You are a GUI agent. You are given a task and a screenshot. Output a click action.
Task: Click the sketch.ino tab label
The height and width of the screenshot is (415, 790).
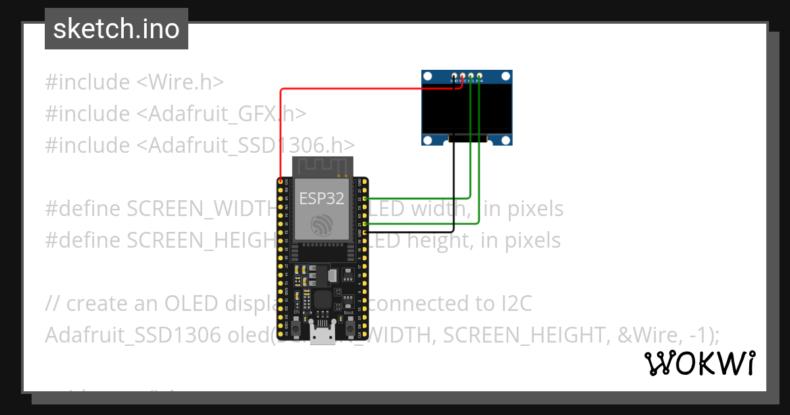[117, 29]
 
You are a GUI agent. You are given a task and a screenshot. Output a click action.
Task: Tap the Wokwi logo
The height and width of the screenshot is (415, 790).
[699, 363]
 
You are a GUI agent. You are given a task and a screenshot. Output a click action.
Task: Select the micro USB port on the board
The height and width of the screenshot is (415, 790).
[323, 337]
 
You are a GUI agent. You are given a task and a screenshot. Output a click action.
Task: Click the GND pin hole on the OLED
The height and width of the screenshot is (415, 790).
[454, 77]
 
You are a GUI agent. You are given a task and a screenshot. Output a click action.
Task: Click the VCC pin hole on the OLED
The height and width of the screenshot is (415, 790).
[463, 77]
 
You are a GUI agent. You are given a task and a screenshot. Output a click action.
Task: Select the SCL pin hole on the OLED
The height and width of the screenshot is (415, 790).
[471, 77]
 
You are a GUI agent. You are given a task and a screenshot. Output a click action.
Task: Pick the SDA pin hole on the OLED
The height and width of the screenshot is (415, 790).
[480, 77]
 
